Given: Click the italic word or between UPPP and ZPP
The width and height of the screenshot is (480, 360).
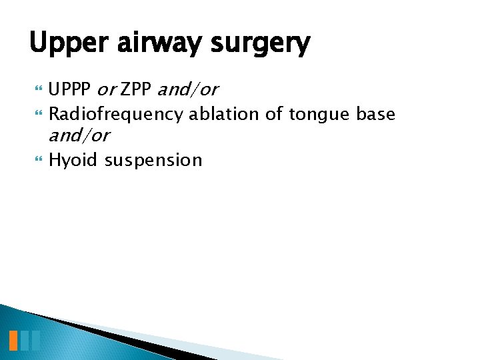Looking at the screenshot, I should [107, 89].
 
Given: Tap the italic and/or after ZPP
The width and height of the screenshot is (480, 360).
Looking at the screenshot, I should [188, 89].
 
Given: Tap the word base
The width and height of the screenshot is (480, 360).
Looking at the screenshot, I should [376, 114].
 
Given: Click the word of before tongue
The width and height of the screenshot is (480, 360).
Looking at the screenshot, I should [274, 114].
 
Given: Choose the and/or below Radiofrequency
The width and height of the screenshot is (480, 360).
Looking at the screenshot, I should [79, 135].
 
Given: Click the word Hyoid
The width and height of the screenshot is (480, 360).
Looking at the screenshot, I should [73, 160].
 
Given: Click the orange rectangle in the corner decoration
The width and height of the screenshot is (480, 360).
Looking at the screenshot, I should [13, 340].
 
